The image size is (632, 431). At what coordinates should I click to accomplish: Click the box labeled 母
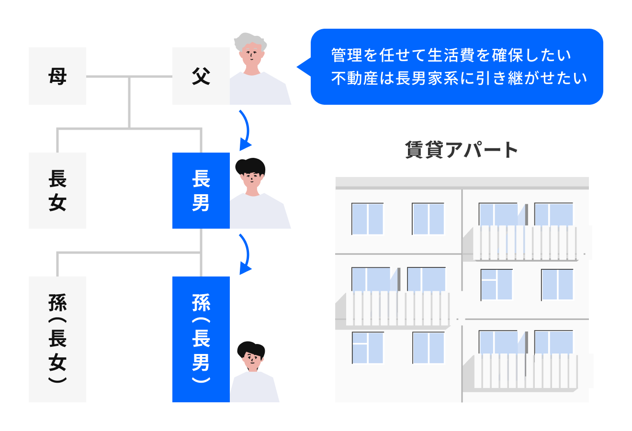pos(57,76)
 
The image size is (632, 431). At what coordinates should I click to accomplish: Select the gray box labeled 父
pos(201,76)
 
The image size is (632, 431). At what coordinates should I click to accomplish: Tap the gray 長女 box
pos(57,190)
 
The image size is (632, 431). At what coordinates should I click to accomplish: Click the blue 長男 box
pos(201,190)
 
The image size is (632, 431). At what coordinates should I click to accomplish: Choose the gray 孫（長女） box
pos(57,339)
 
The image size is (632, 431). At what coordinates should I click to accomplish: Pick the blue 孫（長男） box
pos(201,339)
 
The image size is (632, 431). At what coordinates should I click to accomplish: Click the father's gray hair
pos(250,41)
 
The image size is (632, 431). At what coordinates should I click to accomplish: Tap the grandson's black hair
pos(251,349)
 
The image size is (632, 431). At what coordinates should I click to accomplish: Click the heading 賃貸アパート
pos(462,150)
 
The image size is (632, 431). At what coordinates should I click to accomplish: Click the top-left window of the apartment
pos(368,219)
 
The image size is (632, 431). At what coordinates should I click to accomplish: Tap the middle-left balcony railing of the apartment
pos(397,309)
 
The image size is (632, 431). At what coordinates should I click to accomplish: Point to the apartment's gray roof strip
pos(462,183)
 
